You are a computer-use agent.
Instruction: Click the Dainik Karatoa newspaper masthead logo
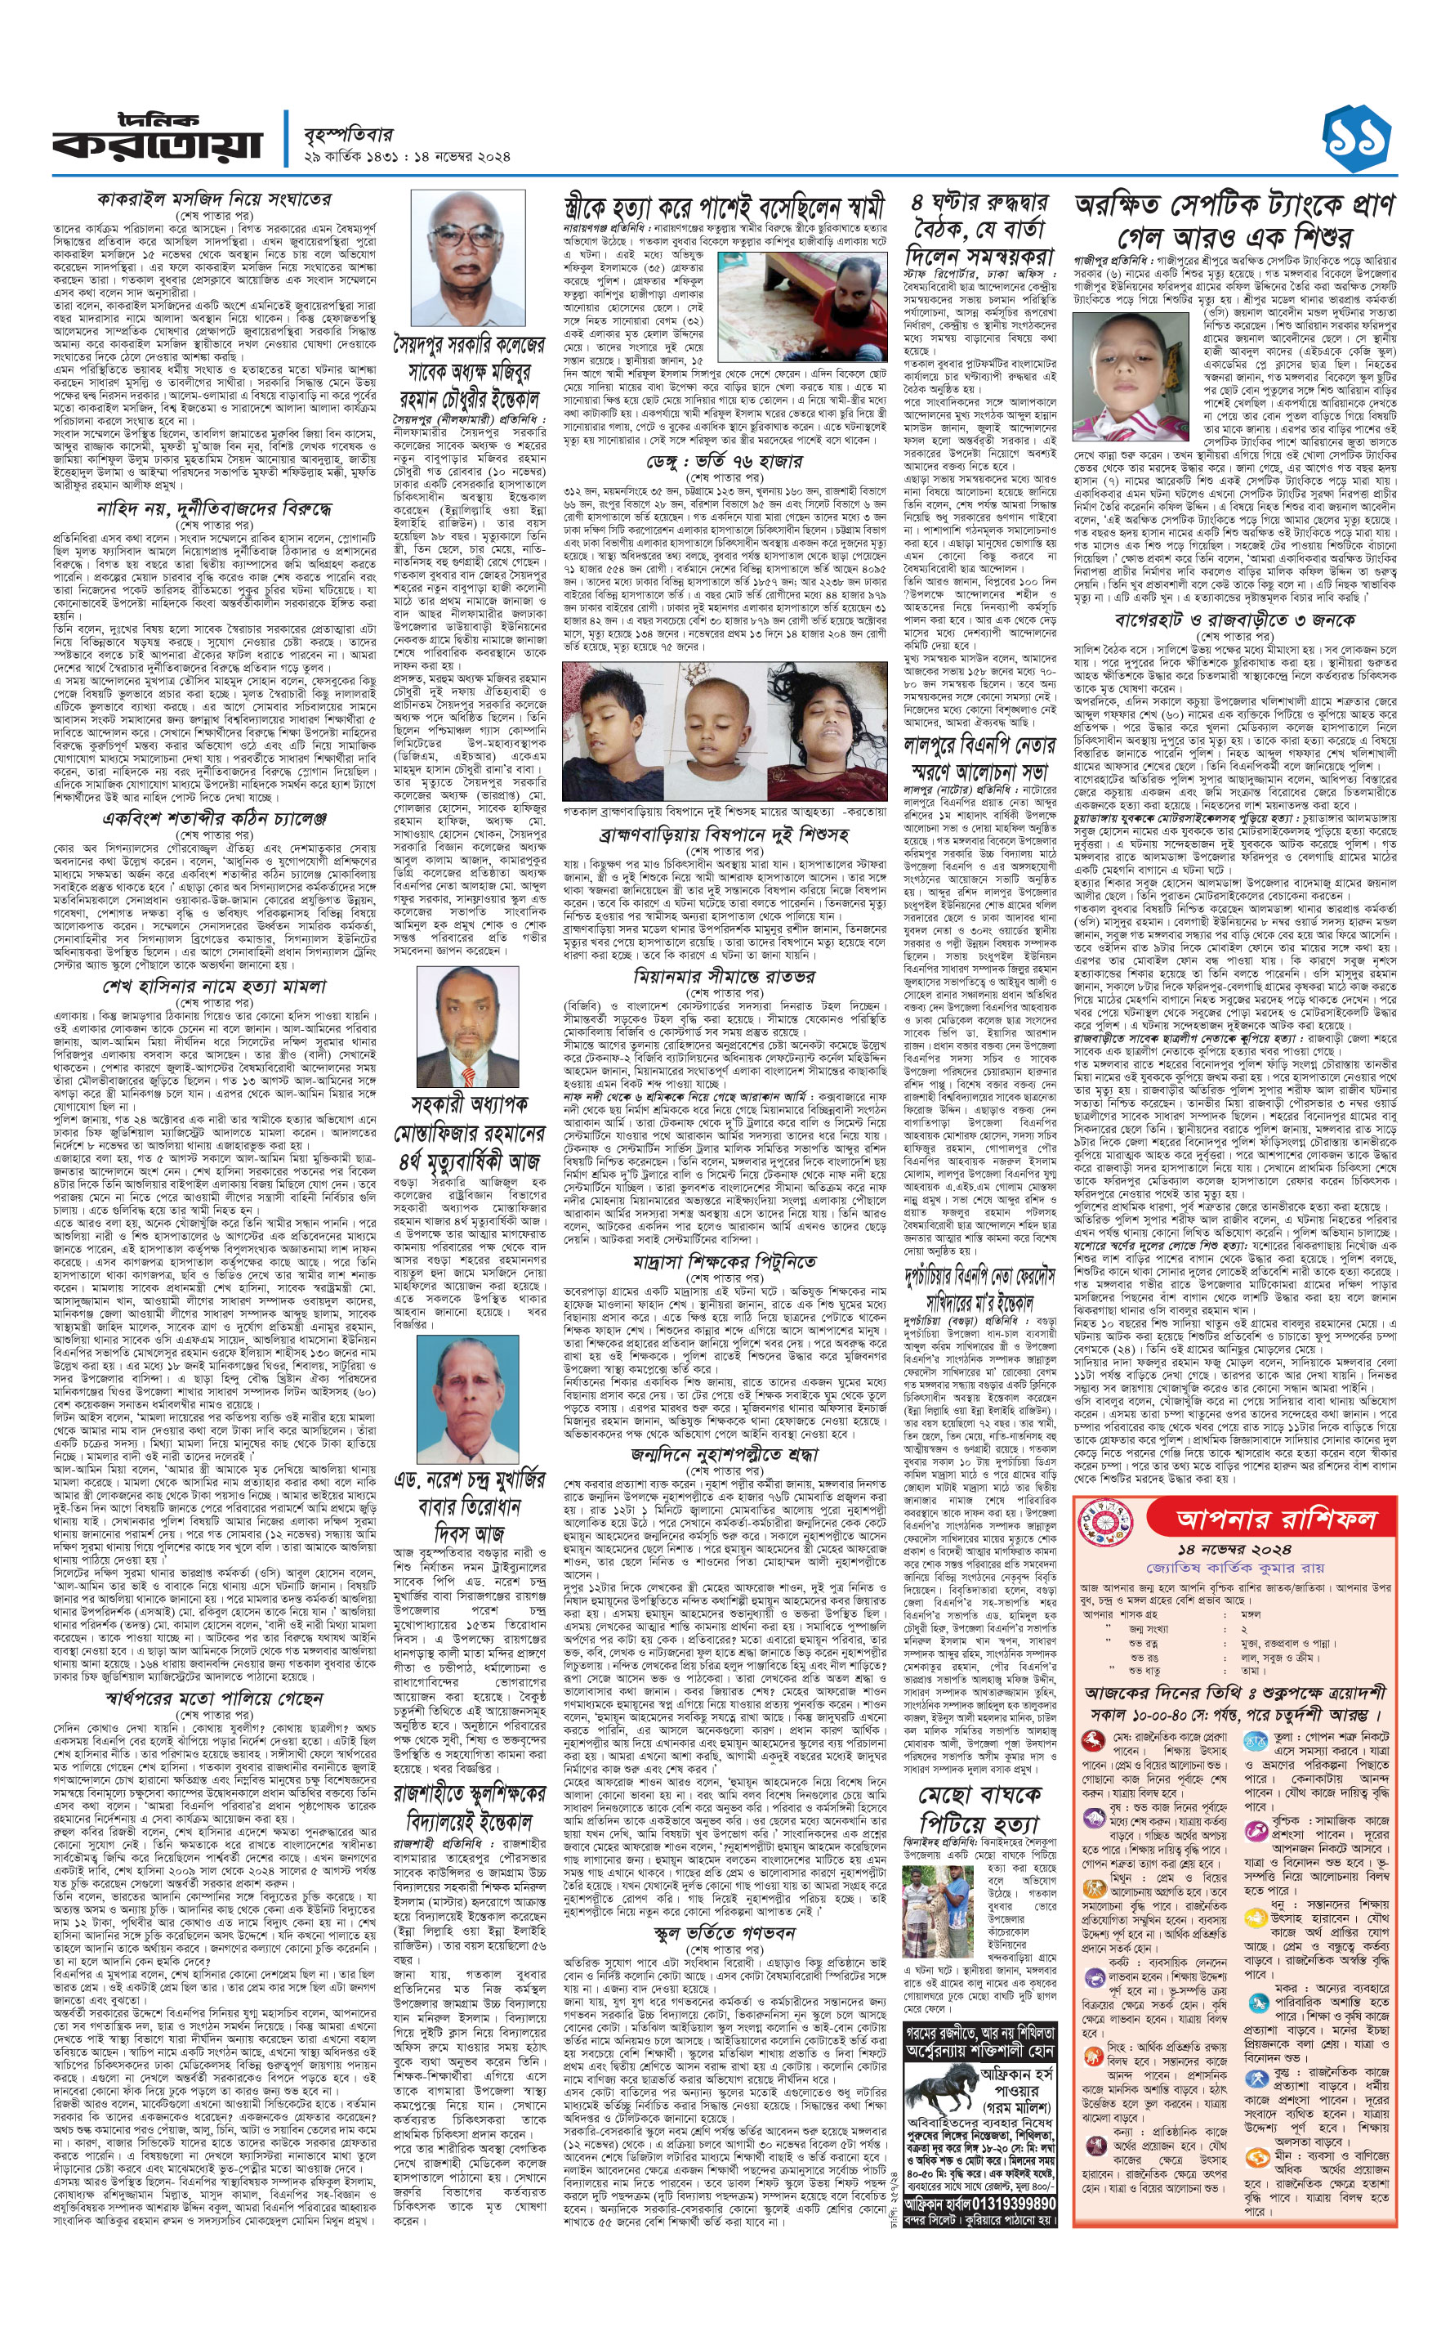156,138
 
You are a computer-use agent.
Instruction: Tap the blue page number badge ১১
1355,140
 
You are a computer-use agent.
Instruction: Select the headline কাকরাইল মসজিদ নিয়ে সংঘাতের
214,199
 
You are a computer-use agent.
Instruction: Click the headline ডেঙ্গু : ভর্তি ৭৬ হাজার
724,460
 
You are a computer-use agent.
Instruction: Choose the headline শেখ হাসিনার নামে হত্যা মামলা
214,986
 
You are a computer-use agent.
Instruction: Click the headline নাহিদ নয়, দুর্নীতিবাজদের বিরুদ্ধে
214,508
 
